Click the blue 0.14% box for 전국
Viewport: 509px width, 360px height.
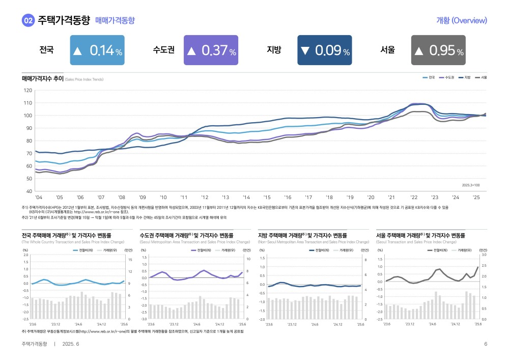[97, 50]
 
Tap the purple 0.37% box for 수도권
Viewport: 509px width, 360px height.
[211, 50]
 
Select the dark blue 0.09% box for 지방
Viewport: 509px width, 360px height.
[324, 50]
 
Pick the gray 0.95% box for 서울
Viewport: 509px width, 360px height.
[438, 50]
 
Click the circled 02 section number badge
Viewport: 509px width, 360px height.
[28, 21]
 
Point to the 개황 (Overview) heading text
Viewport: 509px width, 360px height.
[462, 21]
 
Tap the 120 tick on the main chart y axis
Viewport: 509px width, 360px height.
[28, 90]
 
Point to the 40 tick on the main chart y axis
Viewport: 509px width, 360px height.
[29, 191]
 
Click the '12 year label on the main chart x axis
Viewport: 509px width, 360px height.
[204, 197]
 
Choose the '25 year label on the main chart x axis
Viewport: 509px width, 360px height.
[476, 197]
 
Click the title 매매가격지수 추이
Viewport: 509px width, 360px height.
[42, 79]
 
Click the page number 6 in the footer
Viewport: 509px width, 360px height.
[486, 345]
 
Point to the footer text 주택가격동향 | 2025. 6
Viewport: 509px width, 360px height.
[50, 345]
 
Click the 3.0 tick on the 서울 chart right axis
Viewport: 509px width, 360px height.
[484, 255]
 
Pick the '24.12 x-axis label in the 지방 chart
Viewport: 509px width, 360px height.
[338, 324]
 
